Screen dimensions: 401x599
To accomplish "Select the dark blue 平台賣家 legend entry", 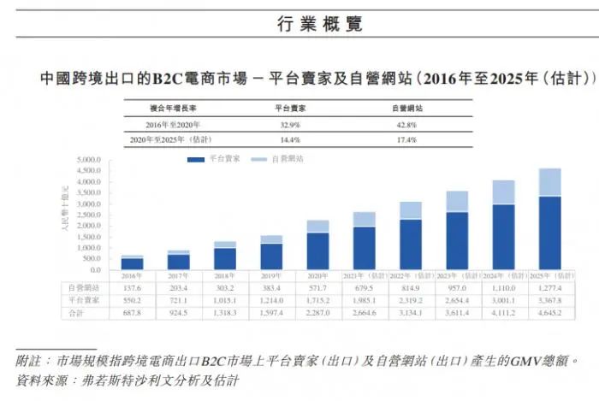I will pos(214,160).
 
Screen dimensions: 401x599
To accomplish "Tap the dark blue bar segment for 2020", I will pos(318,251).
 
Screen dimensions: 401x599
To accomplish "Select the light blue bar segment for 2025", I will pos(549,182).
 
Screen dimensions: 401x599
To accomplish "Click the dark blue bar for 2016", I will pos(132,263).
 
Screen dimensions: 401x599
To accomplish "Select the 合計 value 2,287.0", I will pos(318,314).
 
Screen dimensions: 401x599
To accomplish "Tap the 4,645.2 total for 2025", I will pos(549,314).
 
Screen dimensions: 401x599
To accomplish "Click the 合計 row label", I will pos(77,314).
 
